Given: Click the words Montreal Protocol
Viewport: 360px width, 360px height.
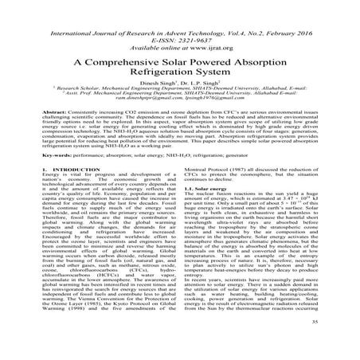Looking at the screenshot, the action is tap(209, 192).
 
